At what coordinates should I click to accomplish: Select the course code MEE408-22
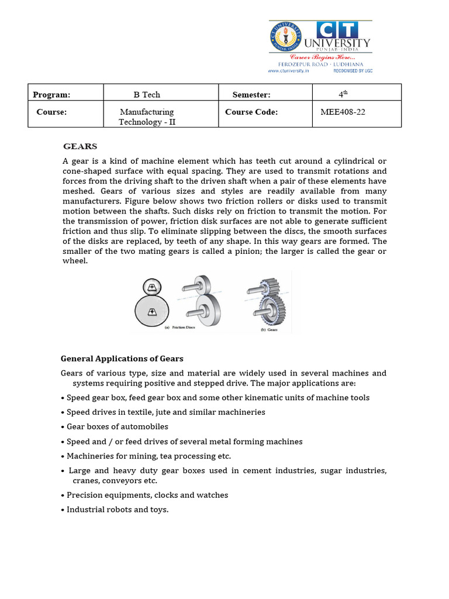[343, 112]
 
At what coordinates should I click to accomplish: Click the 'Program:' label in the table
[51, 94]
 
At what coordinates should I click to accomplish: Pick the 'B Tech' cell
[147, 94]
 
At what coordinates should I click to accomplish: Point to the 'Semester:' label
[251, 94]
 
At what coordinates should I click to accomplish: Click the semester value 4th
[343, 94]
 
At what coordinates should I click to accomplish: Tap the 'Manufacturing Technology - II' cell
[147, 116]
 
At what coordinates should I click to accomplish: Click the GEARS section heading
[80, 146]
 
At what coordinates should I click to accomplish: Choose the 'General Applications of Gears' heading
[122, 358]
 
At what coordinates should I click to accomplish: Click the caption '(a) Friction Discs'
[179, 328]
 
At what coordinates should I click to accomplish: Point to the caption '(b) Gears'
[268, 329]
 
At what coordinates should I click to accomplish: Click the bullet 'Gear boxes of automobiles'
[117, 426]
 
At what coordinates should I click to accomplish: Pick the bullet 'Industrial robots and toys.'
[117, 510]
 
